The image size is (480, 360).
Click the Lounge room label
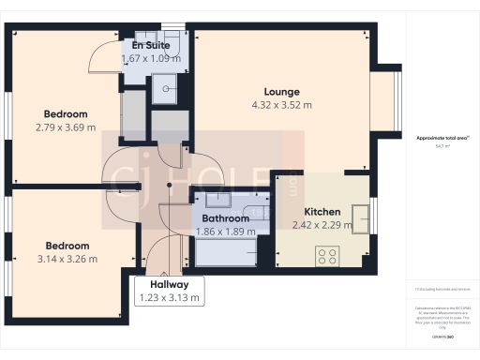pos(281,92)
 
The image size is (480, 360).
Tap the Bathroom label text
pos(226,218)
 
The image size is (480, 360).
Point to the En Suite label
pos(150,44)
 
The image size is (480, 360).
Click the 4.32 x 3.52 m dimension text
pos(281,105)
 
